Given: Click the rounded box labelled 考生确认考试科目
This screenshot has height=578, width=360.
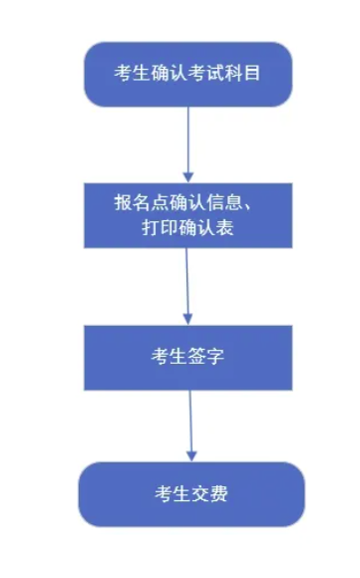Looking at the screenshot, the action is click(187, 74).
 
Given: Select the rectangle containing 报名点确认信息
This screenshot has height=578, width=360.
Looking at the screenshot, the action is click(187, 215).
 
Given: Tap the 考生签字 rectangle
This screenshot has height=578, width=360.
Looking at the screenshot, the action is click(187, 357).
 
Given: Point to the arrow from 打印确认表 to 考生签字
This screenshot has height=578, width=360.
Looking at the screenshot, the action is click(186, 284).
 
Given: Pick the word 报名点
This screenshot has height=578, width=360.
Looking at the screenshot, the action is click(138, 202).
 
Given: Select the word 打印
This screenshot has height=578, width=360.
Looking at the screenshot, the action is click(159, 228).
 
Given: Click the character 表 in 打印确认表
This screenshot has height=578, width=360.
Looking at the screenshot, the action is click(227, 228).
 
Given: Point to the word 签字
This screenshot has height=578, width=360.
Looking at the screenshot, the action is click(206, 357).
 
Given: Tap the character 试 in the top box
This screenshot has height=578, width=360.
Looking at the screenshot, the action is click(207, 73).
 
